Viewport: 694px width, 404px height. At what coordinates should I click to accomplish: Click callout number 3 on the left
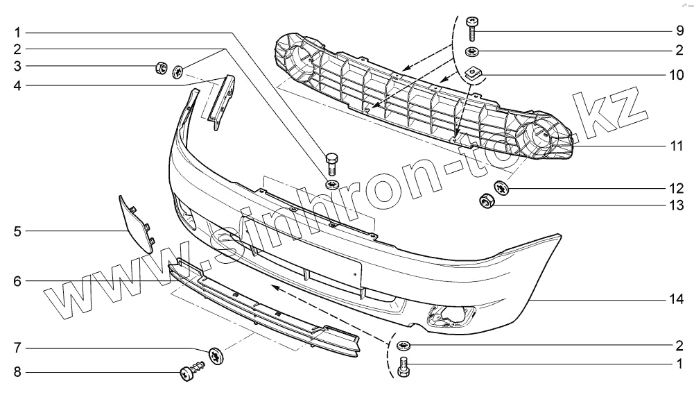coord(18,67)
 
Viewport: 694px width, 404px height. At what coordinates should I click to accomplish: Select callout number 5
coord(18,230)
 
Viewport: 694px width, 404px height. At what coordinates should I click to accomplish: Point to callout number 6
coord(18,281)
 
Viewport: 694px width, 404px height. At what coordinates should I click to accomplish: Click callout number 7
coord(18,346)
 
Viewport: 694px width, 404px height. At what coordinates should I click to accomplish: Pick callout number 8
coord(18,373)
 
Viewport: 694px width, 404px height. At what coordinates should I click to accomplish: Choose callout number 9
coord(680,32)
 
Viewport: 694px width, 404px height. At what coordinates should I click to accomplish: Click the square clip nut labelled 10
coord(474,71)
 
